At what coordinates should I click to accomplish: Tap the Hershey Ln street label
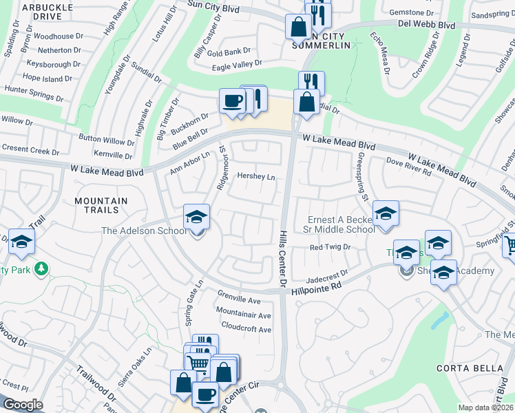(256, 177)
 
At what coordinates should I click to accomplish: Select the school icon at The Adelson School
(196, 217)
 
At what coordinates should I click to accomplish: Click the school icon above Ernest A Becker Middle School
(386, 213)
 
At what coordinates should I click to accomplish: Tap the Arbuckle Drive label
(48, 11)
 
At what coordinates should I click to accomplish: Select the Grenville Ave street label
(238, 301)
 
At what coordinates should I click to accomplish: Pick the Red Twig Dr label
(330, 247)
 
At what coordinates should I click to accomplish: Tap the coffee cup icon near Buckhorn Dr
(232, 101)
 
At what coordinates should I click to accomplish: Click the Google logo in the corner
(23, 405)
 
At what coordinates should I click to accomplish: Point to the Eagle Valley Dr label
(238, 64)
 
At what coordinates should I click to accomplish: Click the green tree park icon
(42, 267)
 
